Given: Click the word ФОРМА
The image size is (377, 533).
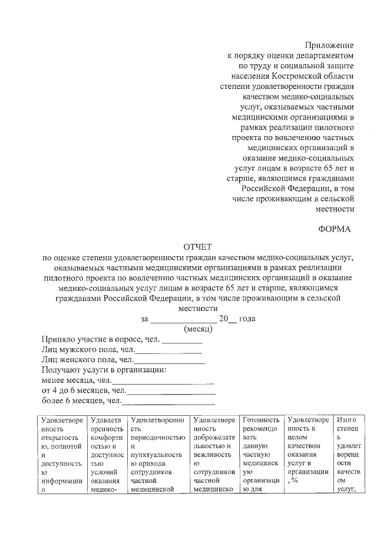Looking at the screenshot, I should [x=334, y=229].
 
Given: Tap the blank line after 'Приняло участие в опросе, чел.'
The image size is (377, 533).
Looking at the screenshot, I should [x=182, y=342].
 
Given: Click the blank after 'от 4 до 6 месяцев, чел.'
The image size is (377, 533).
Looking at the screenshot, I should [x=171, y=392].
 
